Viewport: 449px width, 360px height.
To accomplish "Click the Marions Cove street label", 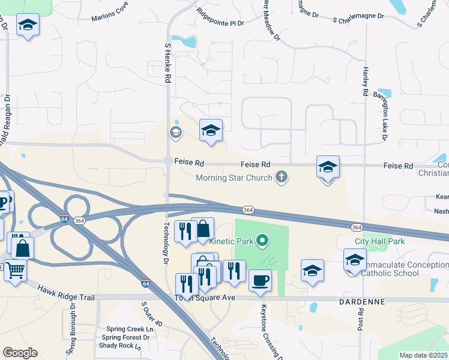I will [110, 14].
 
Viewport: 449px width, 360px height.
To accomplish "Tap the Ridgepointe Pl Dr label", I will [220, 17].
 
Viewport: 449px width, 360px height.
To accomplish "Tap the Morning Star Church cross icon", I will [281, 176].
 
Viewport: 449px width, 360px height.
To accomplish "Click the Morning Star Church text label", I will [234, 177].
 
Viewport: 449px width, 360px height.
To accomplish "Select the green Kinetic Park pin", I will [262, 241].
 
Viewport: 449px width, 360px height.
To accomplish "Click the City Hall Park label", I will [379, 241].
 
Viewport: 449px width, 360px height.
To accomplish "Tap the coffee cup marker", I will [260, 281].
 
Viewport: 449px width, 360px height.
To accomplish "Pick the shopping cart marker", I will [15, 270].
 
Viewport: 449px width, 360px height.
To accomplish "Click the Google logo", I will [20, 353].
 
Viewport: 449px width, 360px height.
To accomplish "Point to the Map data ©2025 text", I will [423, 355].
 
